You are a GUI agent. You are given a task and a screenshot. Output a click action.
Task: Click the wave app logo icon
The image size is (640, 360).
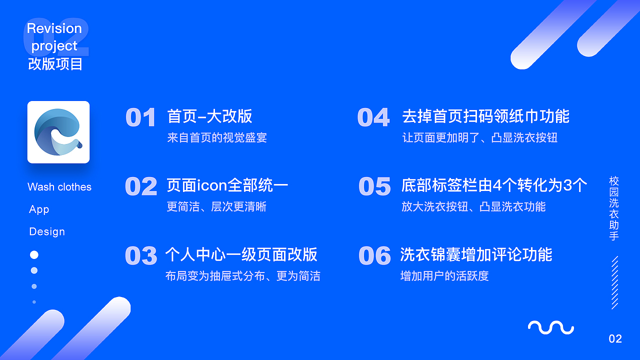(x=58, y=132)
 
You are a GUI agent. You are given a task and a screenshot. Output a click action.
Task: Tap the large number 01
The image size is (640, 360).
(x=140, y=117)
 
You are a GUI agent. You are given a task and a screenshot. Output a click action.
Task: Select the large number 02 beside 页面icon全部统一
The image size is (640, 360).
(x=141, y=186)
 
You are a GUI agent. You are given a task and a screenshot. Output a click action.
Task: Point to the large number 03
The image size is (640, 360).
(x=141, y=255)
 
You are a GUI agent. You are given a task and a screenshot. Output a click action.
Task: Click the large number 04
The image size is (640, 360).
(x=373, y=117)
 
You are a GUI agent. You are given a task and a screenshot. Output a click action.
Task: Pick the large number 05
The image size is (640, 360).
(x=374, y=186)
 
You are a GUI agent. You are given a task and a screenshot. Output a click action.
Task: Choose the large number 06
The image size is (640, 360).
(x=374, y=255)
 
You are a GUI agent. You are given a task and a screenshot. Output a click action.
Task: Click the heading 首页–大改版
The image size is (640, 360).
(x=209, y=116)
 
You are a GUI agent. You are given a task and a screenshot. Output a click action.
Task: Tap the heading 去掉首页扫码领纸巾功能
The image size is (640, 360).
(x=485, y=116)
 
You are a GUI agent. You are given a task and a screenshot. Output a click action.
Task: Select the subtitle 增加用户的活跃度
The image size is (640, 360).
(x=444, y=276)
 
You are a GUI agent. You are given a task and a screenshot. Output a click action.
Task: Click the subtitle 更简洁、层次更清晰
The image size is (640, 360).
(x=216, y=206)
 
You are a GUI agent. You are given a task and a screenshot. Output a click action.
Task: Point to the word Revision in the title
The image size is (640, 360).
(x=54, y=28)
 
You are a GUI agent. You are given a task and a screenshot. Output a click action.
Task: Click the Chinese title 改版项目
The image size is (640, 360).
(x=55, y=63)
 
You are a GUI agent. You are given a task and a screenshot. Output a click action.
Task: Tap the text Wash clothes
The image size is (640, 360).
(x=59, y=187)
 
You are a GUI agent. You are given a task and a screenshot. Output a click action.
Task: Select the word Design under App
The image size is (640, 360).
(x=47, y=231)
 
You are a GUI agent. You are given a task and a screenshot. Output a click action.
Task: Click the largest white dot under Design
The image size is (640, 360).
(x=34, y=255)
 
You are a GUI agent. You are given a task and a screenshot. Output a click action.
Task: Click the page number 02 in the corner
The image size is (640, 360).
(x=615, y=339)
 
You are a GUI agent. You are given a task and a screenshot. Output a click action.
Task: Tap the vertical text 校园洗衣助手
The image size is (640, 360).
(x=614, y=208)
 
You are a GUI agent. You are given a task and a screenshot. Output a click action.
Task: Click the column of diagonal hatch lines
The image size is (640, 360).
(x=615, y=282)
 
